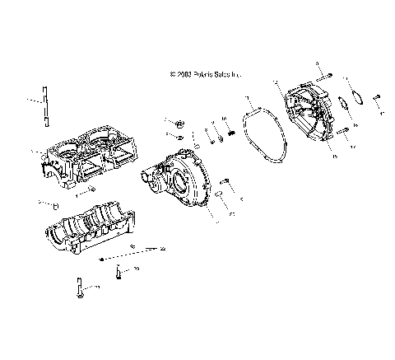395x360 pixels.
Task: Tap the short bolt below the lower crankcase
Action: [x=119, y=273]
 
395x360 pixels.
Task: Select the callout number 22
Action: [x=162, y=249]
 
